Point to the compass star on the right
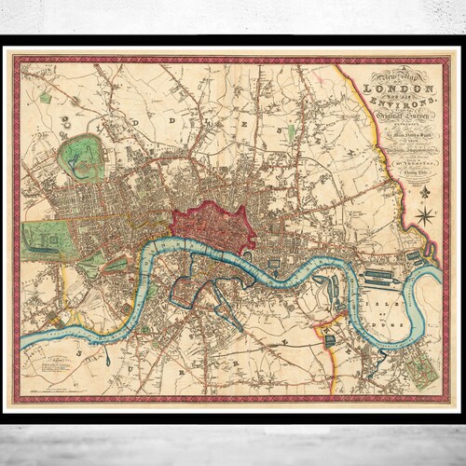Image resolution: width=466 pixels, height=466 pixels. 425,216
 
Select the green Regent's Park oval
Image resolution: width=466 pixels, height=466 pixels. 82,157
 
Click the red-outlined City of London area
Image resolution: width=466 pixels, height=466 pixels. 212,226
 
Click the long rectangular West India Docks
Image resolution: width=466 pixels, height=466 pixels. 377,276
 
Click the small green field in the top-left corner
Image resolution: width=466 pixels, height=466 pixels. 45,97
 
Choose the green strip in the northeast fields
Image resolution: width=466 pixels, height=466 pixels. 290,132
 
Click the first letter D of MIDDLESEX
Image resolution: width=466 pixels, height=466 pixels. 64,119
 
